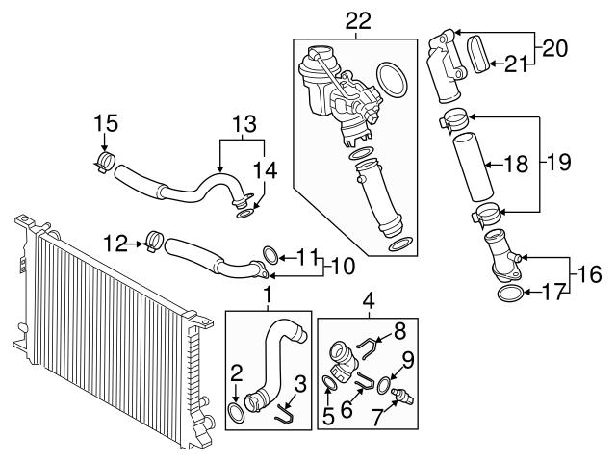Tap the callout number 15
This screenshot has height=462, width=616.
click(106, 124)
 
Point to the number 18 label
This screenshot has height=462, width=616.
click(517, 165)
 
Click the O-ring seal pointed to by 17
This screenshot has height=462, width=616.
click(510, 294)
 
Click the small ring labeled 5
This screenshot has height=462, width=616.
click(329, 385)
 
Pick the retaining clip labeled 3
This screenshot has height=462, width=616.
click(284, 415)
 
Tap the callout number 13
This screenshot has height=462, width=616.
click(244, 124)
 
